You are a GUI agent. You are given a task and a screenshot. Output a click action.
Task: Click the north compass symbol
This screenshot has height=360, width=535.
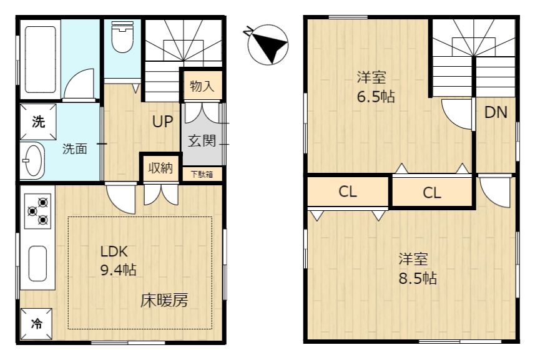coord(267,45)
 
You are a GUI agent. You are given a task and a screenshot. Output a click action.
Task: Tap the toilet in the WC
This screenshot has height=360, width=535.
coord(122,37)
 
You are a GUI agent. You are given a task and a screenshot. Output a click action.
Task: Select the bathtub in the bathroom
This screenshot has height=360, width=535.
coord(40,60)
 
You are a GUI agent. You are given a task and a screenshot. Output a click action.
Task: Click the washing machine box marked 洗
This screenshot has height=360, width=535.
coord(38,122)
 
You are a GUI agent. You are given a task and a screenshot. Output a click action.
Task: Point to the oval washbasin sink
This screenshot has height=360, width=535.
coord(34,160)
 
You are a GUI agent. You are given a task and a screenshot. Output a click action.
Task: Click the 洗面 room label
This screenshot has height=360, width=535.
coord(75,149)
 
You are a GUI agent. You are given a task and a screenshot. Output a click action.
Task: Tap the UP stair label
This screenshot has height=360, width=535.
coord(162,122)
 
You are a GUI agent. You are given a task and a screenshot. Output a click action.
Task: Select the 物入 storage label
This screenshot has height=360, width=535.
coord(202,86)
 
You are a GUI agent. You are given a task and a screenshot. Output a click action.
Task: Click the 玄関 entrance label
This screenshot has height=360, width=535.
coord(202,140)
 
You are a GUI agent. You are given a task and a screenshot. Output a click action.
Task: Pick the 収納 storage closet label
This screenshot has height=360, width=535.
coord(160,168)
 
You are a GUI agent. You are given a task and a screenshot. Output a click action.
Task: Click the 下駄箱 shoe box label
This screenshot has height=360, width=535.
coord(202,175)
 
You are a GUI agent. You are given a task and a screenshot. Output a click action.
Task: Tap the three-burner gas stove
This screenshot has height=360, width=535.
coord(38,212)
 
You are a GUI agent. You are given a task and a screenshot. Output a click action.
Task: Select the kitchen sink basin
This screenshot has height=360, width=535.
coord(37,263)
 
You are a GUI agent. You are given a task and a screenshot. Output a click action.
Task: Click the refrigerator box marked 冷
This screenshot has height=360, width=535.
coord(36,324)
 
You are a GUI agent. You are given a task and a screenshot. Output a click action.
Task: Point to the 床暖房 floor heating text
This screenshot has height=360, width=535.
coord(164,301)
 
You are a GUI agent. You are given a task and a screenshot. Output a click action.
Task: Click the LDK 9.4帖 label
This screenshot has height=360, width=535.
coord(118,261)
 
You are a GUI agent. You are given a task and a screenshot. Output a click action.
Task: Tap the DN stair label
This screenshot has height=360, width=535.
coord(496,112)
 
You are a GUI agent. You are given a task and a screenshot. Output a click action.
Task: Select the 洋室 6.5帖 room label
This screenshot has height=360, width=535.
coord(376,87)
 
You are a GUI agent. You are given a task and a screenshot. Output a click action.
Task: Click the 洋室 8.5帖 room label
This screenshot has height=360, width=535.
coord(418,269)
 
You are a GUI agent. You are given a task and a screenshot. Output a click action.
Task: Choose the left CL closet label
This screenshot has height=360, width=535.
coord(348,192)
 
